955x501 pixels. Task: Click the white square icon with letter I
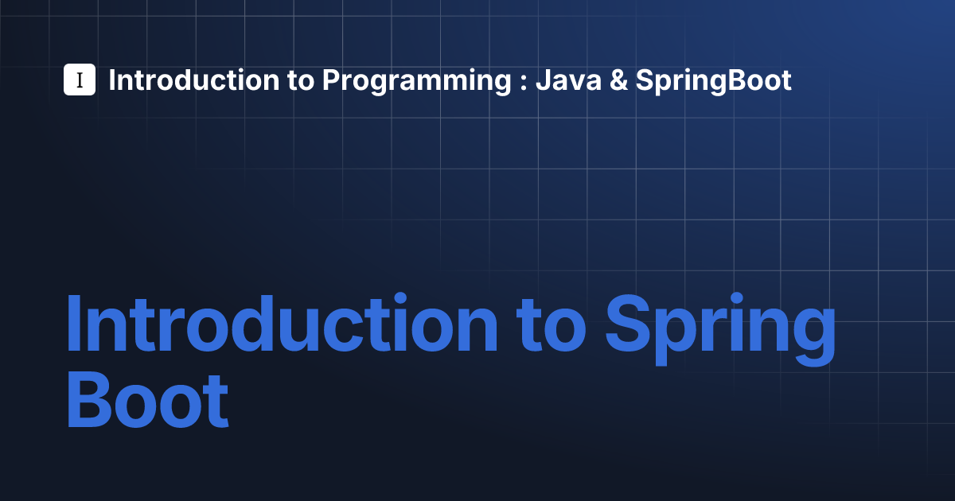(80, 80)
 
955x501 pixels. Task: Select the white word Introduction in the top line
(194, 80)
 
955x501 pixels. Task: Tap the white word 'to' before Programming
(301, 80)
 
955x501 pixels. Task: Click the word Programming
(416, 81)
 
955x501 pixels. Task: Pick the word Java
(568, 80)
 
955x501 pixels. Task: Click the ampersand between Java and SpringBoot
(618, 80)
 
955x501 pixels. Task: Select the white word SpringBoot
(713, 81)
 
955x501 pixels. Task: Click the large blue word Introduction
(282, 323)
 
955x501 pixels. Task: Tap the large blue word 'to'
(551, 327)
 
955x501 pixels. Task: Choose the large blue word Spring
(720, 329)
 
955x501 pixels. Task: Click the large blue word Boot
(147, 400)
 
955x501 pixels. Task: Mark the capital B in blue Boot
(89, 400)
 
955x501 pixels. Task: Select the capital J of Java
(544, 80)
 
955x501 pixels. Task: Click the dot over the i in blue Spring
(736, 297)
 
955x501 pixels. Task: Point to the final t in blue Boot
(216, 402)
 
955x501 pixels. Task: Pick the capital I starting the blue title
(74, 324)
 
